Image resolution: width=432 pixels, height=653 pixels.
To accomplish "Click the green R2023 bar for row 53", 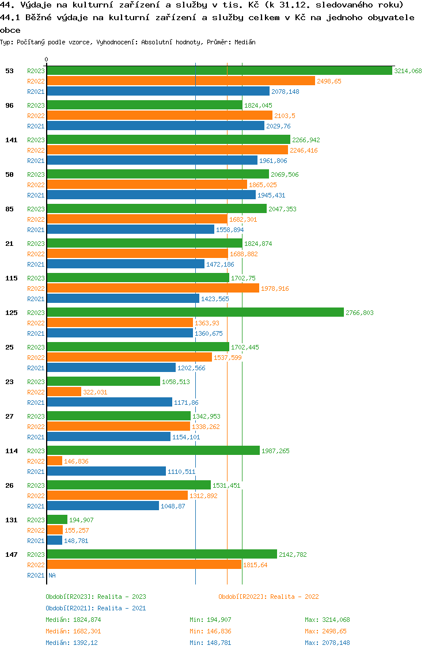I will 219,71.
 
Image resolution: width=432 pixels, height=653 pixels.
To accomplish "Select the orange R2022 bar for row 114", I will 55,461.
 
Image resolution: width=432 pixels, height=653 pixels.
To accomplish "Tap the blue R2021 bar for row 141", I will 152,161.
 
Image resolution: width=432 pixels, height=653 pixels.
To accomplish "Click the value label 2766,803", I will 359,313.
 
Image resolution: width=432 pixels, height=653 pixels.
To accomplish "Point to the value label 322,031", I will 95,392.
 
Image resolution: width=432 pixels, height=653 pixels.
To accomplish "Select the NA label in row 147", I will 52,575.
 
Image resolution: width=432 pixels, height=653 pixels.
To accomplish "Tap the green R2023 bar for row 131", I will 57,520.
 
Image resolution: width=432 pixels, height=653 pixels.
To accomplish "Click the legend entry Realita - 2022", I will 268,597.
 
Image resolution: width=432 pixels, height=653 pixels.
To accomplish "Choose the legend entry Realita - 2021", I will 96,608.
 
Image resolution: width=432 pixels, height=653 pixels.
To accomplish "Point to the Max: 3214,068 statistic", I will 327,620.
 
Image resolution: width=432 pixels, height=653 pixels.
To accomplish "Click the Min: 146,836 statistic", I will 210,631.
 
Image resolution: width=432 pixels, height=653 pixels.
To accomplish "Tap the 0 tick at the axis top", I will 47,59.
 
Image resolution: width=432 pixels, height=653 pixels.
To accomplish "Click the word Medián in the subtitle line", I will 245,43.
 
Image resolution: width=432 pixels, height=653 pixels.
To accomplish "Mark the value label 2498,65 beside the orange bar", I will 329,81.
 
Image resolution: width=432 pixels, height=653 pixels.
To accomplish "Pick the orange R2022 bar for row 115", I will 153,288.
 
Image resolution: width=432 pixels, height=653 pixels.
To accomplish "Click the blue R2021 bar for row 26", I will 103,506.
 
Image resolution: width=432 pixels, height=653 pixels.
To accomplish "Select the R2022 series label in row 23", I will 36,392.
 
